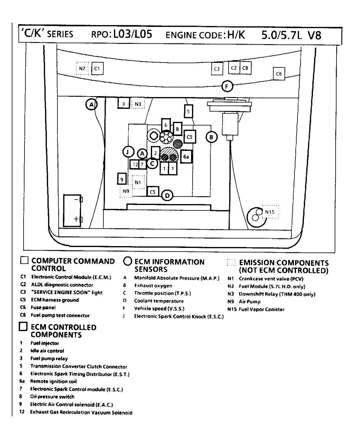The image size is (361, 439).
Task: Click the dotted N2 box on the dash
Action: point(82,69)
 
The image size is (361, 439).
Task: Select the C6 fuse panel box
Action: point(279,74)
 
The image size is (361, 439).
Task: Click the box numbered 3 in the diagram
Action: point(123,104)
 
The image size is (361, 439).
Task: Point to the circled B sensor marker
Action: point(211,137)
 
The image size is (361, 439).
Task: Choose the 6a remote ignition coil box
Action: point(186,157)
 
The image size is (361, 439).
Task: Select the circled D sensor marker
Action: point(167,196)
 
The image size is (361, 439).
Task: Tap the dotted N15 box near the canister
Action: point(270,212)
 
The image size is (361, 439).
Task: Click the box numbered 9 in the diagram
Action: point(122,179)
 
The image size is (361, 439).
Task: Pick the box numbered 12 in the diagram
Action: point(135,164)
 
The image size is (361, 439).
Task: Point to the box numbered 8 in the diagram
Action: point(177,129)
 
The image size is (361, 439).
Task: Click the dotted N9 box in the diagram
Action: point(126,191)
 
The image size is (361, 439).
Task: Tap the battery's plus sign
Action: point(76,219)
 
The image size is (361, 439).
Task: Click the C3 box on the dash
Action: point(217,69)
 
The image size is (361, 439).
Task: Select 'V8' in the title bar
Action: point(314,36)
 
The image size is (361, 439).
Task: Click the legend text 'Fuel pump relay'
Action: point(49,359)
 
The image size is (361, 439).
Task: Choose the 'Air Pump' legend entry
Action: point(249,302)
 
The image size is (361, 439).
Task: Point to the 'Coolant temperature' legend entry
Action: point(159,301)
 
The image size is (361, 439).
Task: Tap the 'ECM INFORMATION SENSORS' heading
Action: point(169,265)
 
